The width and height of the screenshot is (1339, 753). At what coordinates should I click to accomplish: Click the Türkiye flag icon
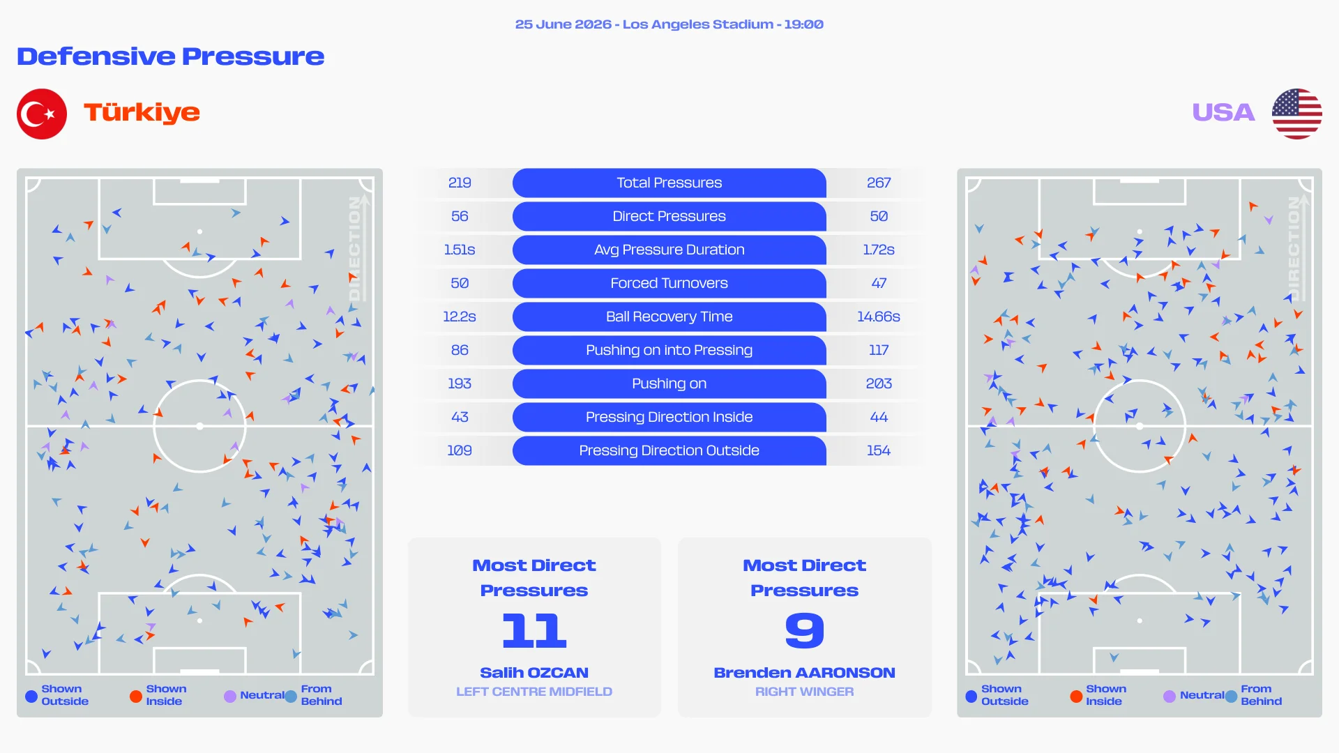42,114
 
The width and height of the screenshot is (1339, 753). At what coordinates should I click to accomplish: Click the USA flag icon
1296,114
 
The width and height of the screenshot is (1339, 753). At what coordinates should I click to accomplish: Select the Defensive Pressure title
170,56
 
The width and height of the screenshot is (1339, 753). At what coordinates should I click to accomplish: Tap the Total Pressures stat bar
669,183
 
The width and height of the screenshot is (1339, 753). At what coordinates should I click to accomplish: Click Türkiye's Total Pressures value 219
460,183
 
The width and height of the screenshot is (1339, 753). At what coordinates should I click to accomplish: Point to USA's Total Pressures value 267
879,183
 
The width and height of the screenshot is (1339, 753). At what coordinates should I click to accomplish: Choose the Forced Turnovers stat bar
669,283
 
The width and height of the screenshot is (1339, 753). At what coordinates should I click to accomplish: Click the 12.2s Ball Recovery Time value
460,317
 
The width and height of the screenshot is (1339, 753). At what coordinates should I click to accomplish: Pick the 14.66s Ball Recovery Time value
879,317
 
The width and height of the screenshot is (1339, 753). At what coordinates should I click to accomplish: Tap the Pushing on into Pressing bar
669,350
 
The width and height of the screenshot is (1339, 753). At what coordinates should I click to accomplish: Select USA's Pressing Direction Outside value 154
879,450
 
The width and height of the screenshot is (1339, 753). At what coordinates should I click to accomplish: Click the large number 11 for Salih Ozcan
534,630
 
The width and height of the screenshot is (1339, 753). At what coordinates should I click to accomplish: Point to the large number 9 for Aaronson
805,630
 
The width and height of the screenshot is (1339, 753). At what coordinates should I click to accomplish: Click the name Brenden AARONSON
805,673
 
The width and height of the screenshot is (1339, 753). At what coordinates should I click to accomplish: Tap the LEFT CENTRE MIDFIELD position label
534,692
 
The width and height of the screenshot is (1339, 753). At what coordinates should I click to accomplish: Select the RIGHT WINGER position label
805,692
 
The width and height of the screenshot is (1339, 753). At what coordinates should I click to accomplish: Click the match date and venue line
669,24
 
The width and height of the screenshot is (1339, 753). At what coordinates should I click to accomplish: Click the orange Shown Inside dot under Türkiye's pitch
136,696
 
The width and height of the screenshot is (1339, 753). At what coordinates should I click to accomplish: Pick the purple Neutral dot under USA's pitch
1170,696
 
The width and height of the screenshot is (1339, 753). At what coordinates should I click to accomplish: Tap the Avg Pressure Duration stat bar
669,250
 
